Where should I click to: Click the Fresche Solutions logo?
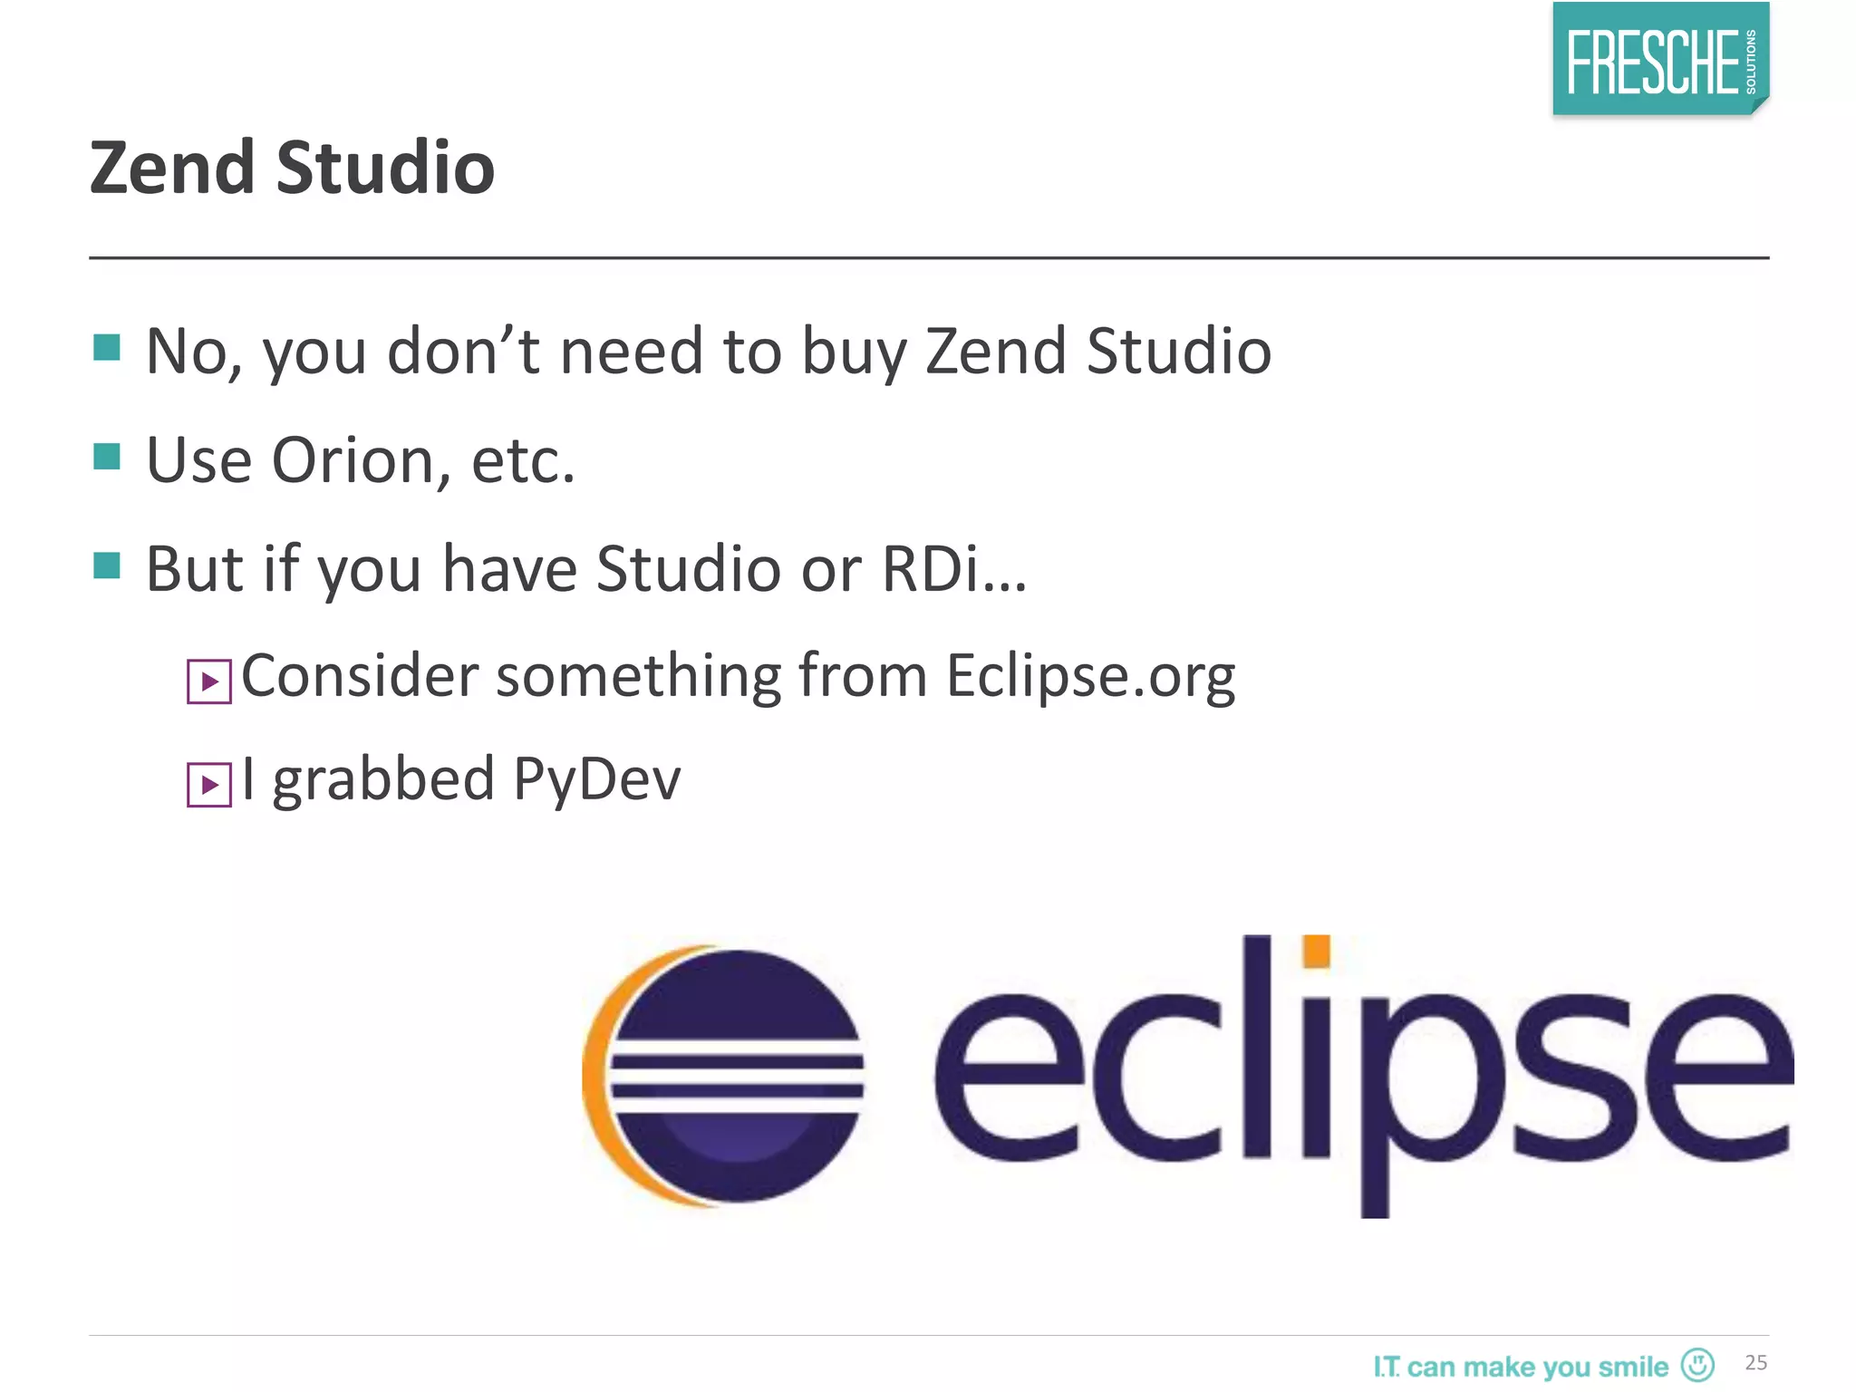tap(1659, 60)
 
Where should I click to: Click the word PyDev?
tap(596, 779)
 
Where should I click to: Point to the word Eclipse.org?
tap(1090, 676)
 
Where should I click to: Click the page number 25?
tap(1755, 1362)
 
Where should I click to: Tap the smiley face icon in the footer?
tap(1696, 1364)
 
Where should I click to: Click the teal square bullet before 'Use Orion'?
tap(107, 457)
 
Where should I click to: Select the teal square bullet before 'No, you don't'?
tap(107, 347)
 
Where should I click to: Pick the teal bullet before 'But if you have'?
tap(107, 565)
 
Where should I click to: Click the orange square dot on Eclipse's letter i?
tap(1316, 952)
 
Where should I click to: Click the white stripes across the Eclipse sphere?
tap(736, 1075)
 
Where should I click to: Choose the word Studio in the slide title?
tap(385, 169)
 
